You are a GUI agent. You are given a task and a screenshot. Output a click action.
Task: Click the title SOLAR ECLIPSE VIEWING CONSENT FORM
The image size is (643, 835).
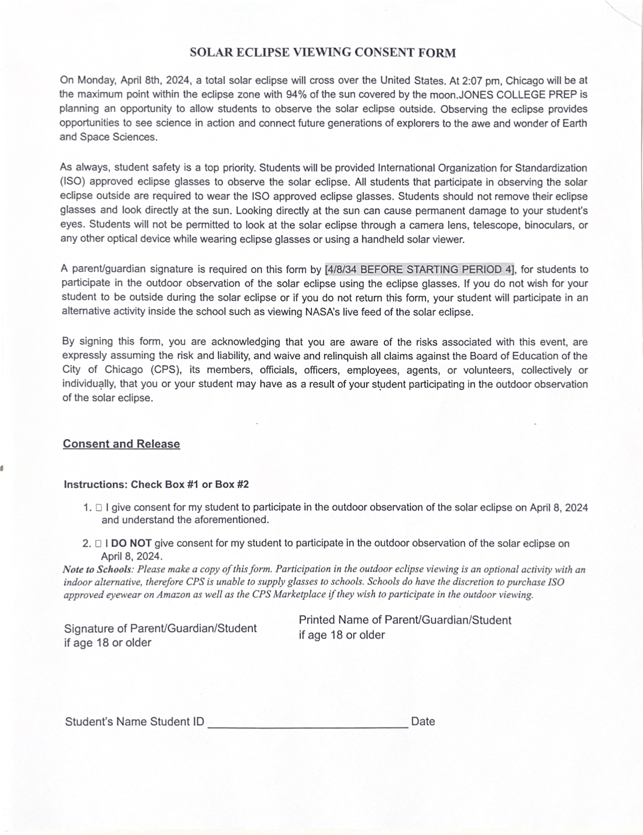point(323,52)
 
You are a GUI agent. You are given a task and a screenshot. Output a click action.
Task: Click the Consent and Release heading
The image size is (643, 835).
point(121,444)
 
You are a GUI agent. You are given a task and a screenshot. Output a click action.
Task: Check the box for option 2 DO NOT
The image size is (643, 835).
point(99,544)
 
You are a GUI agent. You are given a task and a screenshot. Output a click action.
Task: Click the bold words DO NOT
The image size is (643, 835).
point(131,543)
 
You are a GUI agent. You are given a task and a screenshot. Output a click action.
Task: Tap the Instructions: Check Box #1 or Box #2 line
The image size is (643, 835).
point(156,485)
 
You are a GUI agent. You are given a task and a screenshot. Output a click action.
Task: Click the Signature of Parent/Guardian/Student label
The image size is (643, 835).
point(160,628)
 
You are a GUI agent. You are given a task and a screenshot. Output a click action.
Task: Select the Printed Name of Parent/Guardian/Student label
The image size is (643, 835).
point(405,620)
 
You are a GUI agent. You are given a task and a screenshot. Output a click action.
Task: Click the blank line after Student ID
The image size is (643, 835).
point(308,726)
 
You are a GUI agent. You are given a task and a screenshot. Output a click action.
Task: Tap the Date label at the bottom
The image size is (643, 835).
point(423,721)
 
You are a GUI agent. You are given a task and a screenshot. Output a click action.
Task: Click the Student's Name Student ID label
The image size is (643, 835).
point(134,721)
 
